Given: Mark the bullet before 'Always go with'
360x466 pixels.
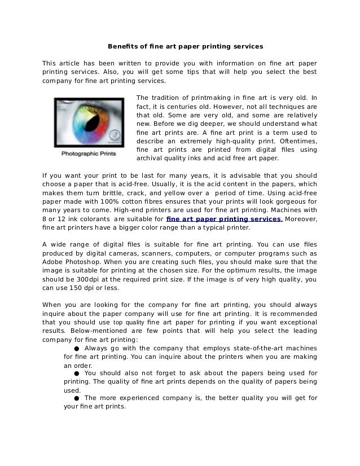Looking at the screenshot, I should [76, 348].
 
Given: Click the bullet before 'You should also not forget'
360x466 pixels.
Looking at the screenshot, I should [76, 373].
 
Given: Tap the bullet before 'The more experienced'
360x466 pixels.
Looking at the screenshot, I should [76, 398].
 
